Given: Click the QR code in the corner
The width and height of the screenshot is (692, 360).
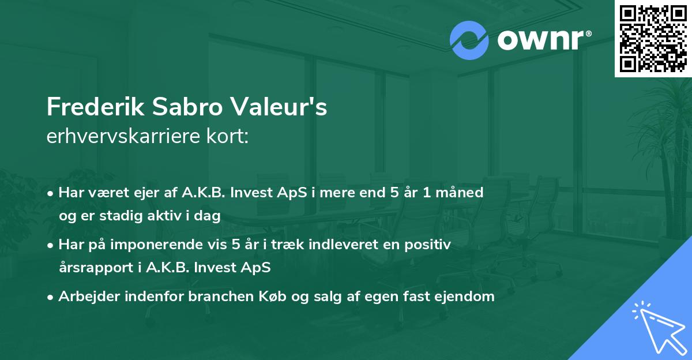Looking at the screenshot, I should (x=653, y=38).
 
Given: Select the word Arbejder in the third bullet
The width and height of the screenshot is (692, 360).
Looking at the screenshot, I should (x=84, y=297).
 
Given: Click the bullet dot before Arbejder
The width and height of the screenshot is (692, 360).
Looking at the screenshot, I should (x=51, y=297).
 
